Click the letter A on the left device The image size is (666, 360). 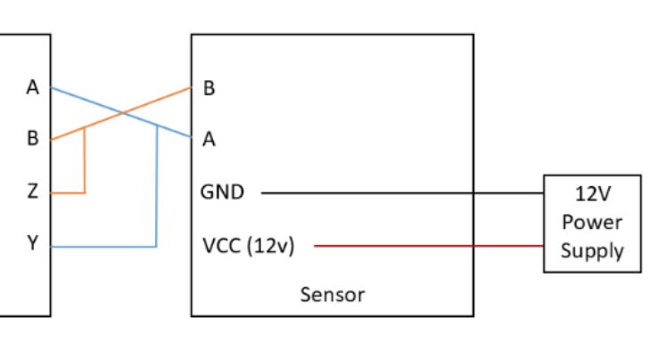pyautogui.click(x=33, y=88)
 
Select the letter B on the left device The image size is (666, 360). pyautogui.click(x=33, y=140)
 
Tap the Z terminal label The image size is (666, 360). pyautogui.click(x=33, y=192)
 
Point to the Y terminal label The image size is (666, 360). pyautogui.click(x=33, y=243)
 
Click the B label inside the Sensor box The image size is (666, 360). pyautogui.click(x=210, y=88)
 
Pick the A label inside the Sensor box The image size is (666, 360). pyautogui.click(x=210, y=140)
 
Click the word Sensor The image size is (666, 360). pyautogui.click(x=332, y=294)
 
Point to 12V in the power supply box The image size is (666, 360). pyautogui.click(x=592, y=192)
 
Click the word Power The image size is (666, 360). pyautogui.click(x=592, y=222)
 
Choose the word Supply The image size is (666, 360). pyautogui.click(x=592, y=250)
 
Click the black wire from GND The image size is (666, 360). pyautogui.click(x=401, y=192)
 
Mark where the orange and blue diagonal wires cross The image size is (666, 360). pyautogui.click(x=121, y=113)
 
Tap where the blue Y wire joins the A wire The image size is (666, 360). pyautogui.click(x=157, y=125)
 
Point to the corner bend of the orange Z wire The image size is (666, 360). pyautogui.click(x=85, y=192)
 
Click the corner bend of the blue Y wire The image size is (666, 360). pyautogui.click(x=157, y=246)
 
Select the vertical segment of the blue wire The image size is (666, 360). pyautogui.click(x=157, y=187)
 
